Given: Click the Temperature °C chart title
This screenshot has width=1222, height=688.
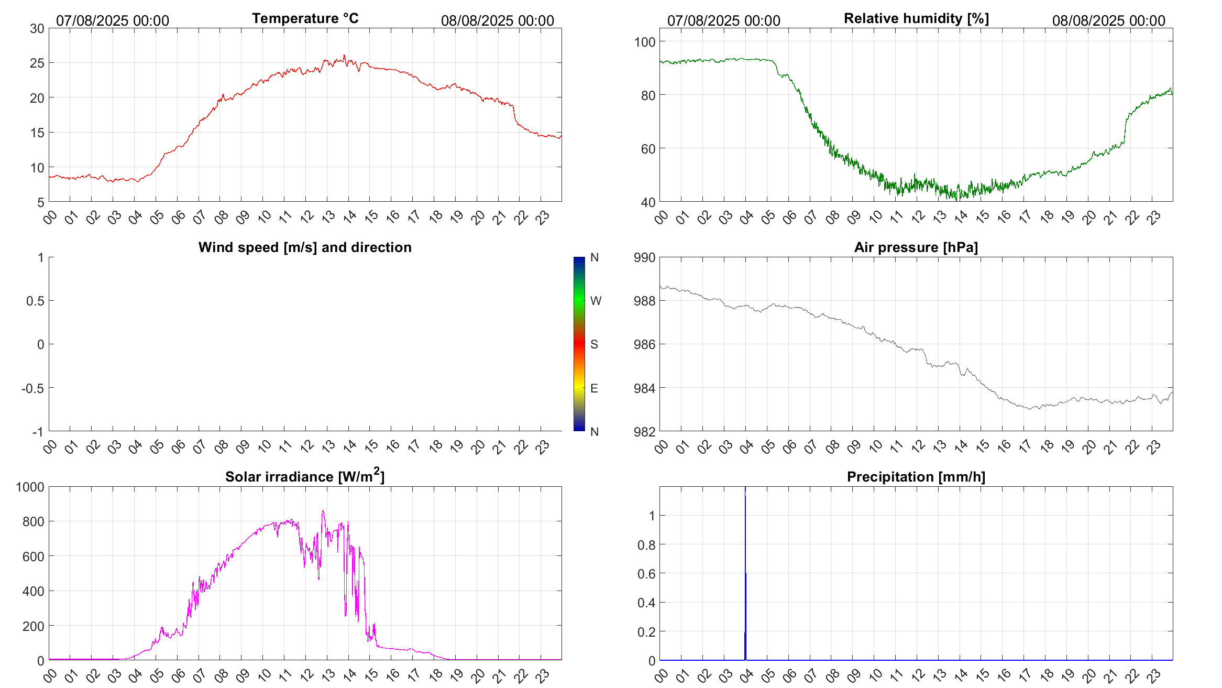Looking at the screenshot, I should (x=305, y=18).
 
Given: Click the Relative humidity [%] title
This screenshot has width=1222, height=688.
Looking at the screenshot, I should (x=916, y=18).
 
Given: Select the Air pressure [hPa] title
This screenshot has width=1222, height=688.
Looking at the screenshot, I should (x=916, y=247).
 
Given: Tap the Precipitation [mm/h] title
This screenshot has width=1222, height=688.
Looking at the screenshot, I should (x=916, y=477).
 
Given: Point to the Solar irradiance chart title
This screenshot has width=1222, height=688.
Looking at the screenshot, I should (x=305, y=476).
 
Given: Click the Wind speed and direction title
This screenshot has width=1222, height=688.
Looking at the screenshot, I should (x=305, y=247).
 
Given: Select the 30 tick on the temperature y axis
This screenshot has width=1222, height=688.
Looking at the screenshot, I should (x=37, y=29).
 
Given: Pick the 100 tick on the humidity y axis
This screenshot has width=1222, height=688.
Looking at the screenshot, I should (x=644, y=42).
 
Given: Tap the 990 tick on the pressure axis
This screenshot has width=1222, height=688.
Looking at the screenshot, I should (x=644, y=258).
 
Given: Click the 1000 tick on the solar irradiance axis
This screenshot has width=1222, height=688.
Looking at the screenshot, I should (x=30, y=487).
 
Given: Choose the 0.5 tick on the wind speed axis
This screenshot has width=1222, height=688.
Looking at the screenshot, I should (x=35, y=301).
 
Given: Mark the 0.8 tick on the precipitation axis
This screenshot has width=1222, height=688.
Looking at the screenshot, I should (x=646, y=545).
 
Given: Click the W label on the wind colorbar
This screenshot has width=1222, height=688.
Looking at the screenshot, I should (x=596, y=301).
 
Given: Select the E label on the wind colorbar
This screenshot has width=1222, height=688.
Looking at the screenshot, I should (x=594, y=388).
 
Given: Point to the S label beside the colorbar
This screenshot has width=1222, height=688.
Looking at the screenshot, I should (x=594, y=344).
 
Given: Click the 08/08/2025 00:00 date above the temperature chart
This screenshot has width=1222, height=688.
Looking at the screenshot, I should (x=497, y=21).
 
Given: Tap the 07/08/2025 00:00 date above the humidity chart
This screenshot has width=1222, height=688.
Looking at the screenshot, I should (x=723, y=21).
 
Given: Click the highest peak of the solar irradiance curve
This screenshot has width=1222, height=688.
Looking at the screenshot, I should (x=323, y=511).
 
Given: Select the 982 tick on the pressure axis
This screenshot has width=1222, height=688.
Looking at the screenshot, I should (x=644, y=432).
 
